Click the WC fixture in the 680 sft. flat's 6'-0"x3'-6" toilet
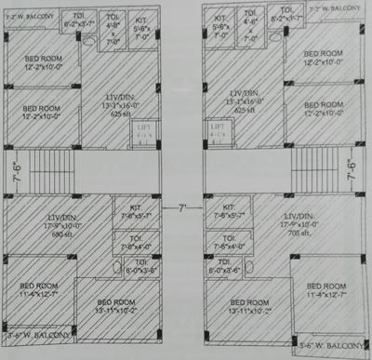pos(115,270)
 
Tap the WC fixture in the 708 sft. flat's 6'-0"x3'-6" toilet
pos(258,270)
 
